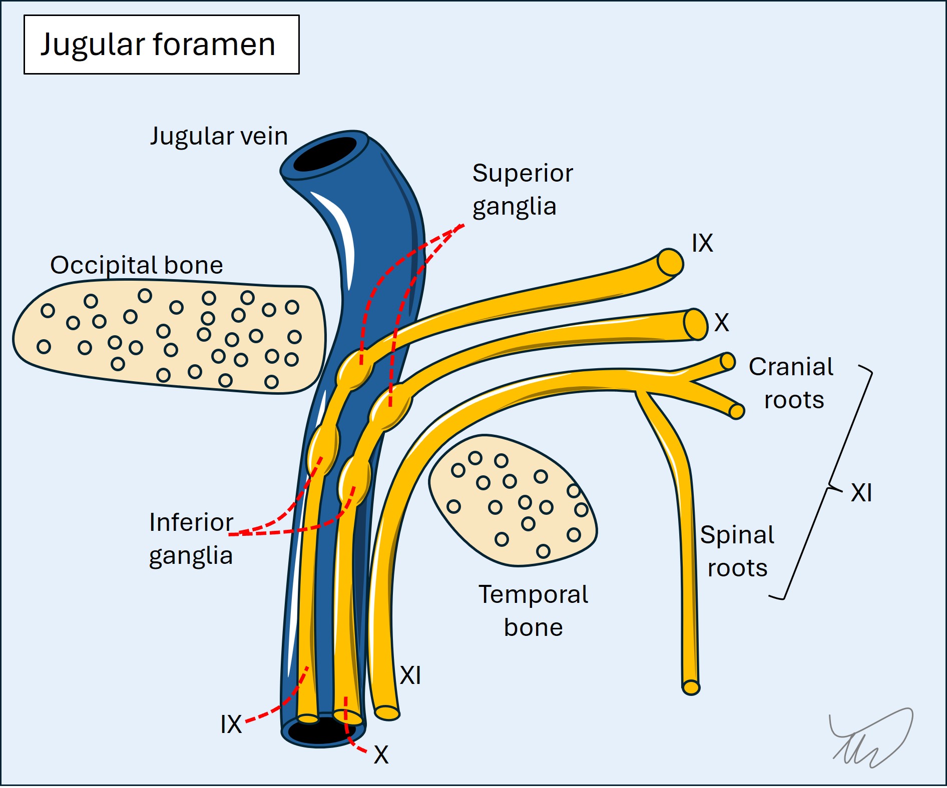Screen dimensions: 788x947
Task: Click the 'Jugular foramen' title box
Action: point(161,45)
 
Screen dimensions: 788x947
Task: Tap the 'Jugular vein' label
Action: point(219,136)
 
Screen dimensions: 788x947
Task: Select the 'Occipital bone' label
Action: point(136,265)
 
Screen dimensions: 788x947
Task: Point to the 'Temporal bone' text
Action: point(533,611)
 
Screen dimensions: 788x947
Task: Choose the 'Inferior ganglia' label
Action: point(191,539)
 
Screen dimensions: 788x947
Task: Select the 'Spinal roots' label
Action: point(737,551)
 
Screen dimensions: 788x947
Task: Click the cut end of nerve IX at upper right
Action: point(670,262)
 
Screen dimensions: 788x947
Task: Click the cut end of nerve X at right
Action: point(695,325)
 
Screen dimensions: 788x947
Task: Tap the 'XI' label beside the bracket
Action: point(861,493)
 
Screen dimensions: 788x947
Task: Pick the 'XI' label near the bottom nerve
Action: point(410,675)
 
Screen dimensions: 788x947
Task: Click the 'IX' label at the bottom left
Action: point(231,724)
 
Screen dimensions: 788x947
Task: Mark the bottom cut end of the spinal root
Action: point(691,687)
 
